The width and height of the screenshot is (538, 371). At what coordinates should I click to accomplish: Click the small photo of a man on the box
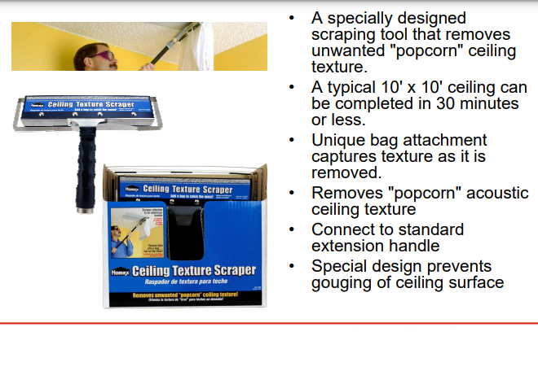click(x=129, y=232)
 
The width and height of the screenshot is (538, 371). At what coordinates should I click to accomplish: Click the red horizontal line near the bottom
click(x=269, y=323)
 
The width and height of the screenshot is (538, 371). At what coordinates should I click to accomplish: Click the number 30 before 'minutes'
click(x=450, y=104)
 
